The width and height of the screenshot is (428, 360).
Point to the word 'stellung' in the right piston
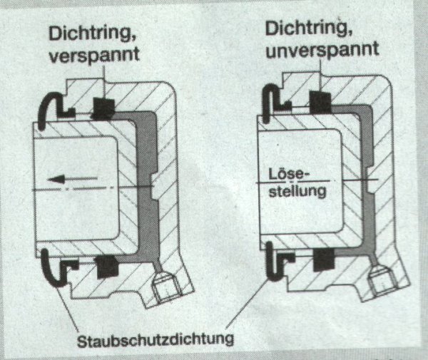click(x=293, y=191)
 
